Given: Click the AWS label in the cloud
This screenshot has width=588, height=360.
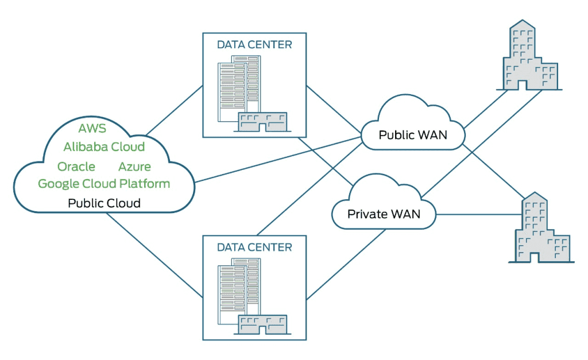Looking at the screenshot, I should tap(92, 127).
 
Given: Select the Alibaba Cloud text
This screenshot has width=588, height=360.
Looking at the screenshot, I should tap(104, 147).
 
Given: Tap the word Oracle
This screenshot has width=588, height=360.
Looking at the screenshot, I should tap(76, 167).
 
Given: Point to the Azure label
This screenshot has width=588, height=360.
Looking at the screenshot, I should tap(134, 167).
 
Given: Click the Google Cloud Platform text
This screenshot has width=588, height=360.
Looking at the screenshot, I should tap(104, 184).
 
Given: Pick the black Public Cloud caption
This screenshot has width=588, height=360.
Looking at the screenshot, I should tap(104, 203).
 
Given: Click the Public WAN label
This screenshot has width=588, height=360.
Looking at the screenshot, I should tap(413, 136).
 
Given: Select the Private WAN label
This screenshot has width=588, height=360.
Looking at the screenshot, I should tap(384, 214).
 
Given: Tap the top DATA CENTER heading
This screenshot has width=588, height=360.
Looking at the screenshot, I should tap(254, 44).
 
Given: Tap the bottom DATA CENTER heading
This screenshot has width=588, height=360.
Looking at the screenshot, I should tap(254, 247).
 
